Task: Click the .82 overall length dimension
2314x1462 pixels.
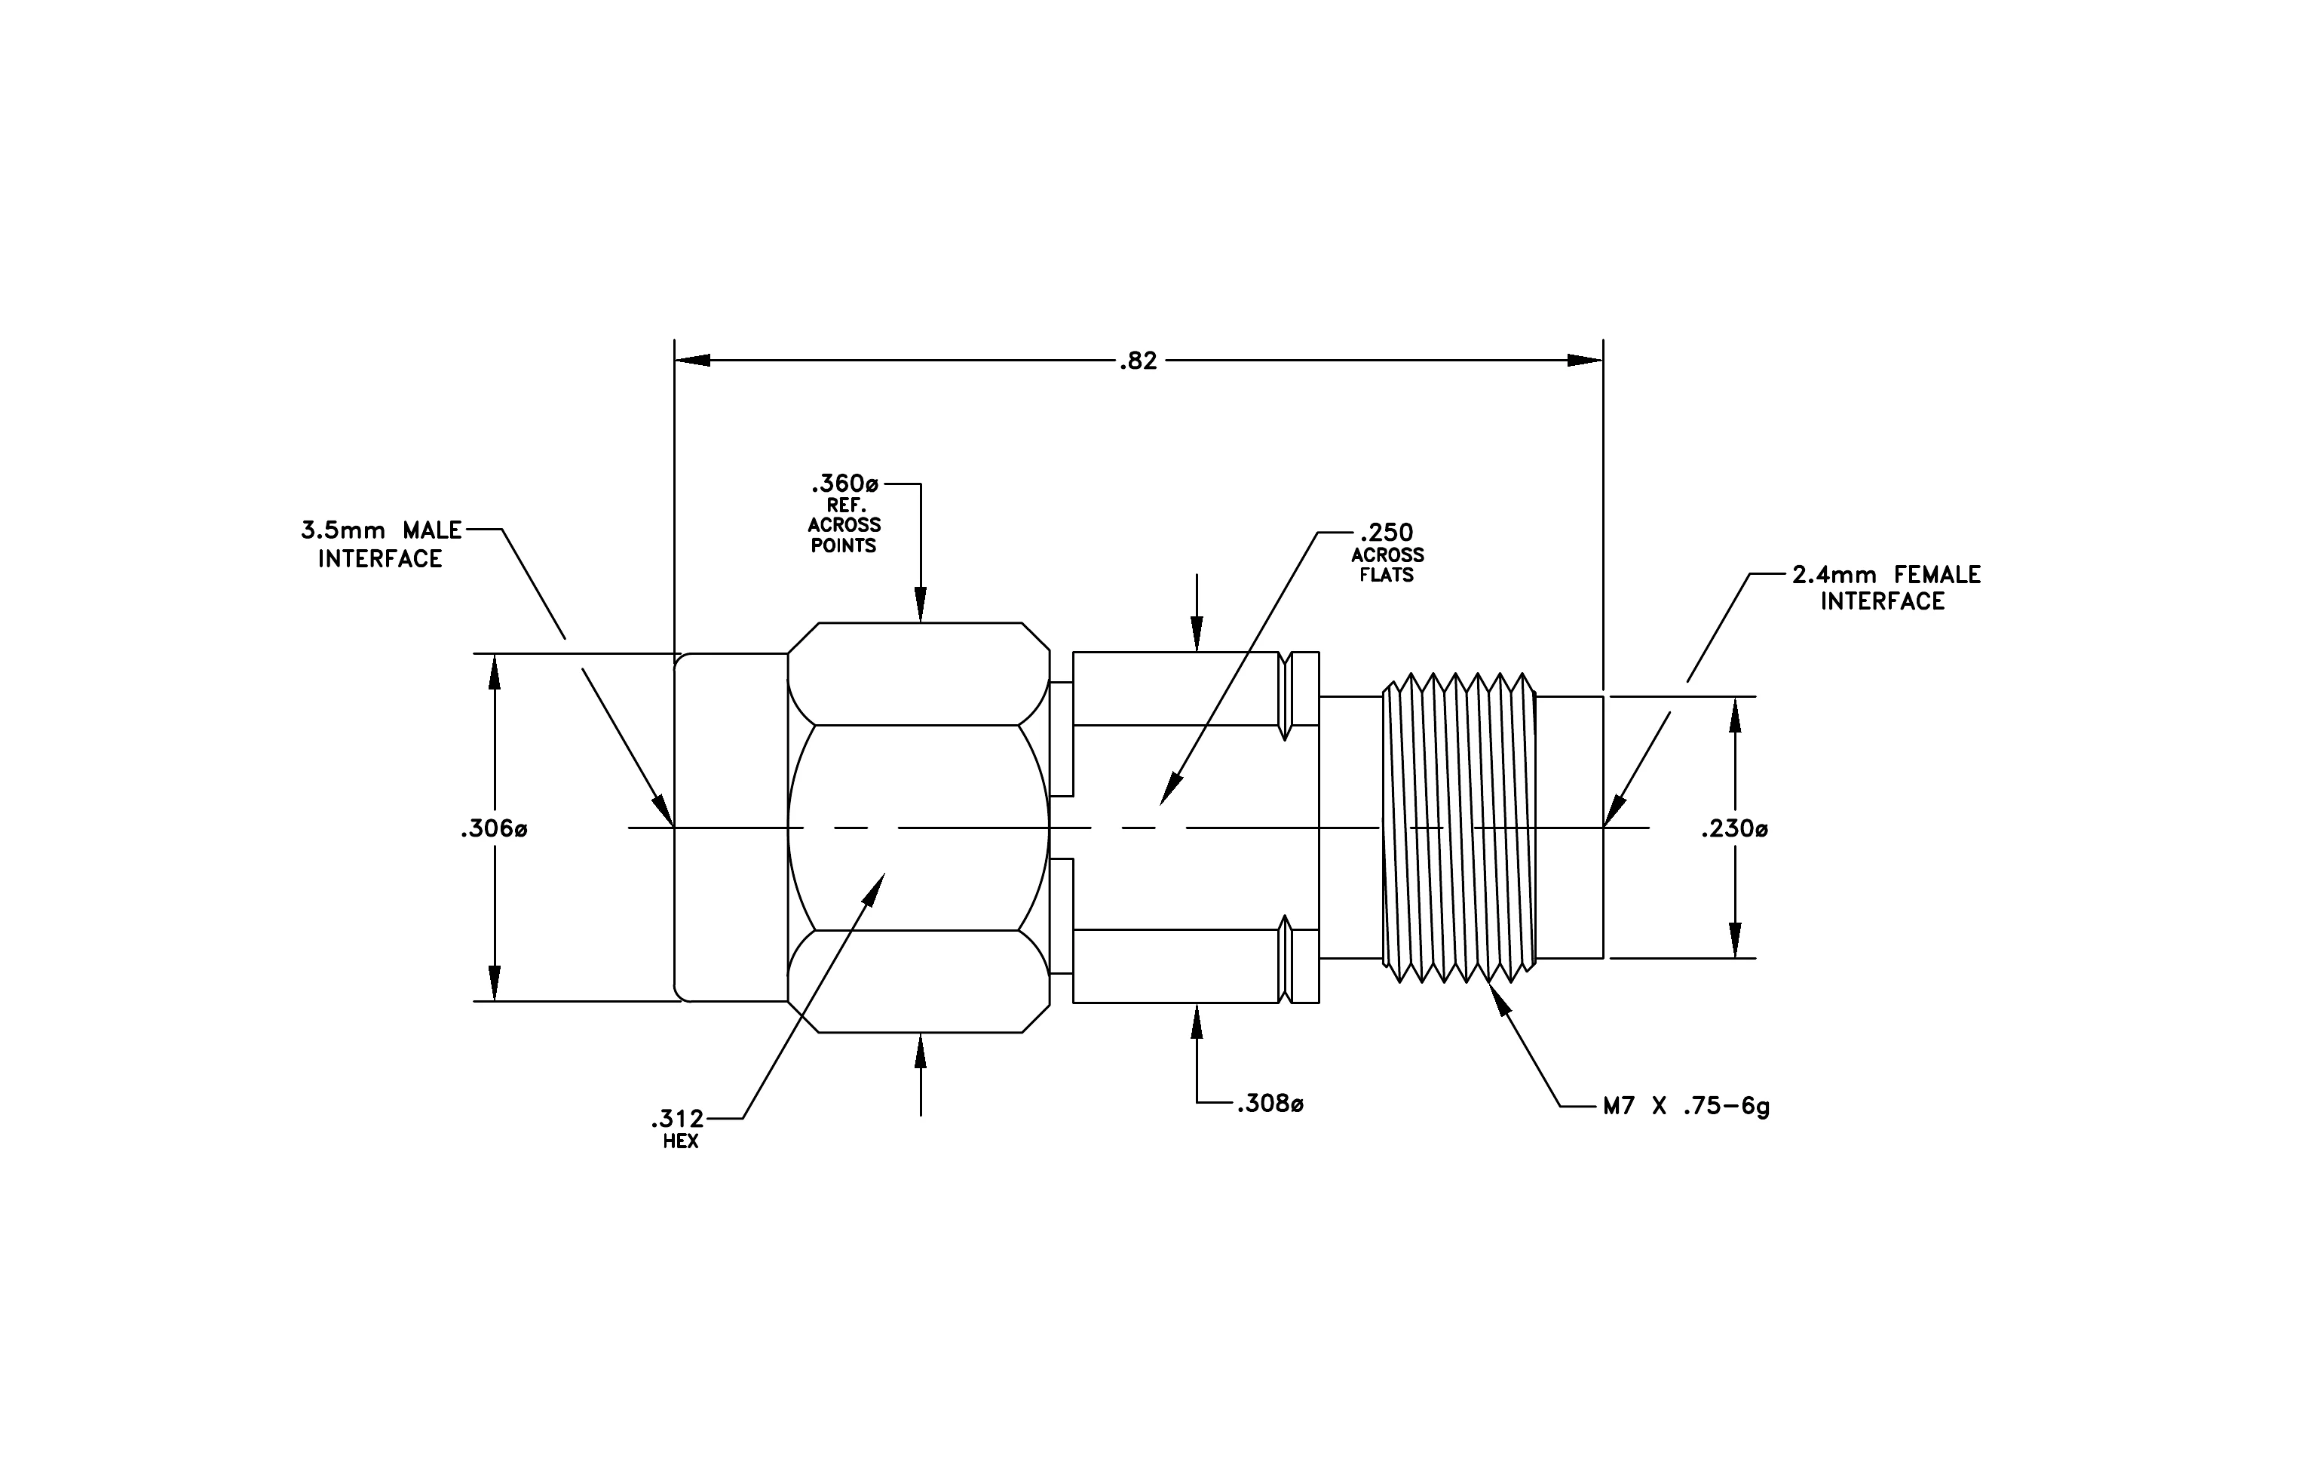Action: click(x=1139, y=361)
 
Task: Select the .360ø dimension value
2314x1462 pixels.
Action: click(x=846, y=484)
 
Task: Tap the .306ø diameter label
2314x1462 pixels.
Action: click(x=494, y=828)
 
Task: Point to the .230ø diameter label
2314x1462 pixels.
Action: click(x=1734, y=828)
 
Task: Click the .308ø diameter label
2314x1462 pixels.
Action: click(x=1270, y=1104)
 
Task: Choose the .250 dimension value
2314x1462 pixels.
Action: click(x=1387, y=533)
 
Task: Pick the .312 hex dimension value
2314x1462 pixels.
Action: click(x=678, y=1119)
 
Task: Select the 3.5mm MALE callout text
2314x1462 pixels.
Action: click(x=382, y=530)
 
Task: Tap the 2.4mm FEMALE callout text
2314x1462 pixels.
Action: click(x=1886, y=575)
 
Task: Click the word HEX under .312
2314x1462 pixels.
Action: click(x=680, y=1143)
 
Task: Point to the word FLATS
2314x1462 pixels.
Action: click(x=1387, y=576)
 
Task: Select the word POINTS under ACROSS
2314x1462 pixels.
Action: click(x=844, y=546)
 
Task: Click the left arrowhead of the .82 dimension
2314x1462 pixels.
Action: click(x=692, y=361)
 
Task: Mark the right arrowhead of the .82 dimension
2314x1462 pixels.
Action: click(x=1586, y=361)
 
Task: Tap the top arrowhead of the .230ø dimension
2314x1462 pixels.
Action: click(x=1736, y=714)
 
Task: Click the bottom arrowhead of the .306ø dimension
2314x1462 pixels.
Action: click(x=495, y=983)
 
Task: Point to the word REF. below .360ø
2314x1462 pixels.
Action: click(x=844, y=505)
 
